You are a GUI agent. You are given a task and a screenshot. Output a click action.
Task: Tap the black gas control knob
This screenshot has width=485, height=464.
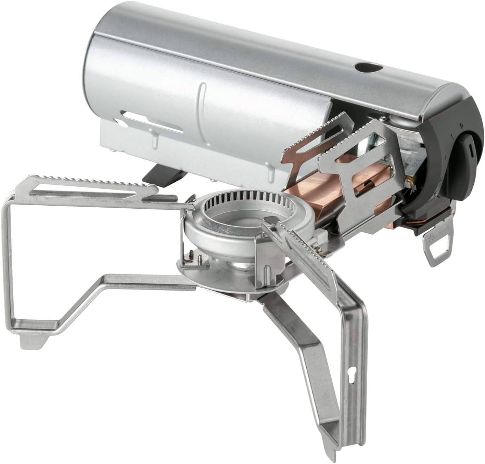point(465,151)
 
